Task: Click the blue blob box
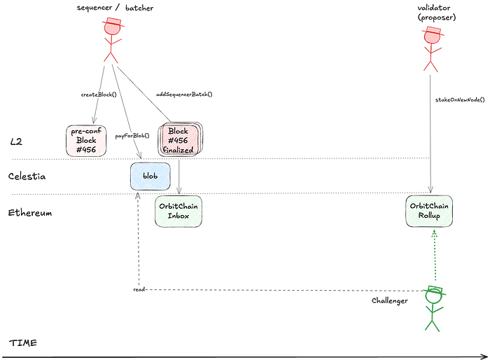point(150,176)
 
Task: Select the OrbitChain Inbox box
point(178,211)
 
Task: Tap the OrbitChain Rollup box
point(429,211)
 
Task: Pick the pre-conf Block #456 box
point(86,141)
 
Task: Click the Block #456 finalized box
point(181,139)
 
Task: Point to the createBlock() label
point(99,95)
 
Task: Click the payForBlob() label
point(132,136)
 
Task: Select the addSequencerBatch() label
point(184,94)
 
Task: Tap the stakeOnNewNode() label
point(460,99)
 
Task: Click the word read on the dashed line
point(139,290)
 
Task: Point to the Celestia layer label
point(27,176)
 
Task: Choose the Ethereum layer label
point(30,213)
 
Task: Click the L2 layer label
point(16,142)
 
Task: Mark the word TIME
point(23,342)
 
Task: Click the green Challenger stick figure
point(434,308)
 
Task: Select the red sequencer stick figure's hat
point(113,22)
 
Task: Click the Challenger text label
point(390,300)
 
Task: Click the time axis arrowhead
point(486,357)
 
